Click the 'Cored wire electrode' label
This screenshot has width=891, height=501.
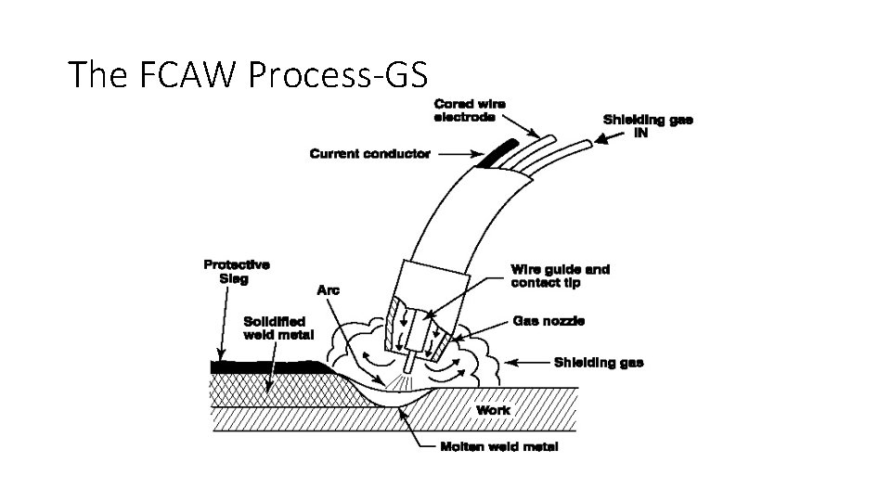click(x=470, y=110)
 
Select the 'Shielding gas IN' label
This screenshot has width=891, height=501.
click(x=647, y=125)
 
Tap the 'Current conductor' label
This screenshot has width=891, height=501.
click(x=369, y=154)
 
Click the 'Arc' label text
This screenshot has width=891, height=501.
click(x=329, y=290)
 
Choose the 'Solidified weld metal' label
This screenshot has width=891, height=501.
click(x=278, y=328)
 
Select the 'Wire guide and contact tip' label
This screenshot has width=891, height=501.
click(x=560, y=276)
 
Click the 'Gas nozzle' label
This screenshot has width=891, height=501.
click(x=549, y=321)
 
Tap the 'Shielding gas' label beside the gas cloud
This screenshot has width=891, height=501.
click(x=598, y=362)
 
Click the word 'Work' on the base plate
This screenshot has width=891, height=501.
click(x=493, y=409)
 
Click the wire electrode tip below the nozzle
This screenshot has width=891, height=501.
click(x=407, y=357)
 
